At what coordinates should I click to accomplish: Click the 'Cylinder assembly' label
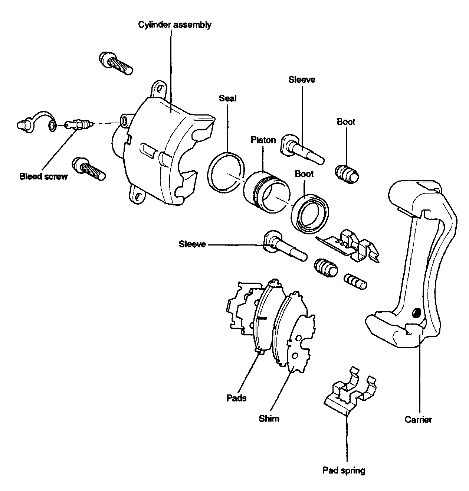175,25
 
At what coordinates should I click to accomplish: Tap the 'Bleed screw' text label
44,176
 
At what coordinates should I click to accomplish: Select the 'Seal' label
227,98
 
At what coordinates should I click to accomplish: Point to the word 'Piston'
263,140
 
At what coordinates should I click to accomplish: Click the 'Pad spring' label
344,471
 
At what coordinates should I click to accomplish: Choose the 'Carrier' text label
418,420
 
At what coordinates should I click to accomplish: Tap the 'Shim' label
269,419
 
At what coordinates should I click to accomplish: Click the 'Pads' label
236,398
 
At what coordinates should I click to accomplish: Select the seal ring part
226,172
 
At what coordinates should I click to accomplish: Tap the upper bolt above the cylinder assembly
116,63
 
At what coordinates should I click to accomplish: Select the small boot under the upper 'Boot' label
347,173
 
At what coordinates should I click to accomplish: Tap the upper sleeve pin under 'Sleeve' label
303,150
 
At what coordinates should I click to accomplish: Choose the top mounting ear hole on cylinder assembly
160,89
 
